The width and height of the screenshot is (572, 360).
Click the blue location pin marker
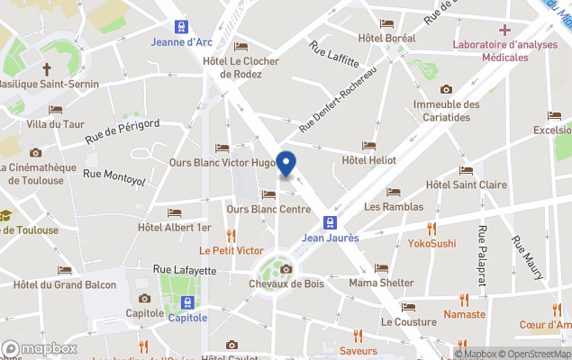point(286,164)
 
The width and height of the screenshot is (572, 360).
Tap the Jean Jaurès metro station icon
point(331,222)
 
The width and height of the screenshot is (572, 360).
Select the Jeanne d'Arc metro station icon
point(181,26)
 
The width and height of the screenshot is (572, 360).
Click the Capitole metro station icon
point(187,302)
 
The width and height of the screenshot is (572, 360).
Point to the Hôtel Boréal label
point(386,38)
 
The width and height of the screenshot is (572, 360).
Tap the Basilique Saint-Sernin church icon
point(46,69)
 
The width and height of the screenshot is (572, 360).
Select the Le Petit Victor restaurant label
point(232,250)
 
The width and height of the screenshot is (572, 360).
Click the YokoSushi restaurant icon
point(431,228)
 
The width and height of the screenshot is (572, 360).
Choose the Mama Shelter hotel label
point(381,283)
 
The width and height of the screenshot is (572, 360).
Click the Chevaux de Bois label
point(286,283)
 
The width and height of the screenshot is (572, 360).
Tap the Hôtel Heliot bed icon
point(368,146)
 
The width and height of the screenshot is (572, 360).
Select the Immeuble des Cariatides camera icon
point(446,89)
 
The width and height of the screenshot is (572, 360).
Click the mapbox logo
point(39,348)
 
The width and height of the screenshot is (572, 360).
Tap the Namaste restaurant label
point(465,315)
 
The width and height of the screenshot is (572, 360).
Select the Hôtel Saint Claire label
point(466,184)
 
